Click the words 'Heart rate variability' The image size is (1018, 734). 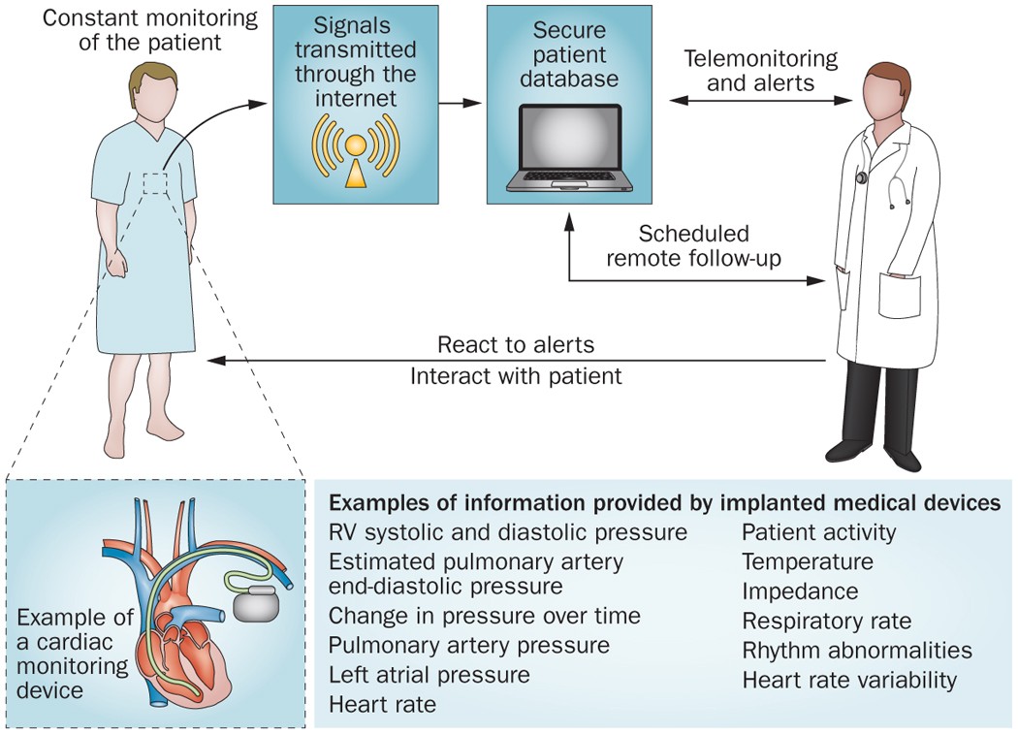point(849,681)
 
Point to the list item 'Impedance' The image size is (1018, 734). point(800,591)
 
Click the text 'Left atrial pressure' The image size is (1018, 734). point(429,675)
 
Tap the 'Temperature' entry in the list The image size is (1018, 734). point(808,561)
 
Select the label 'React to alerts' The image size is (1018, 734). point(515,345)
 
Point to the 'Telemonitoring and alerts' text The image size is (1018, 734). point(760,71)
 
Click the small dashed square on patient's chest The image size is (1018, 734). point(154,183)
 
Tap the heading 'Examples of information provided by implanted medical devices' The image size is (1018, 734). point(664,503)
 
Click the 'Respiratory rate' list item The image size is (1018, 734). point(827,621)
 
